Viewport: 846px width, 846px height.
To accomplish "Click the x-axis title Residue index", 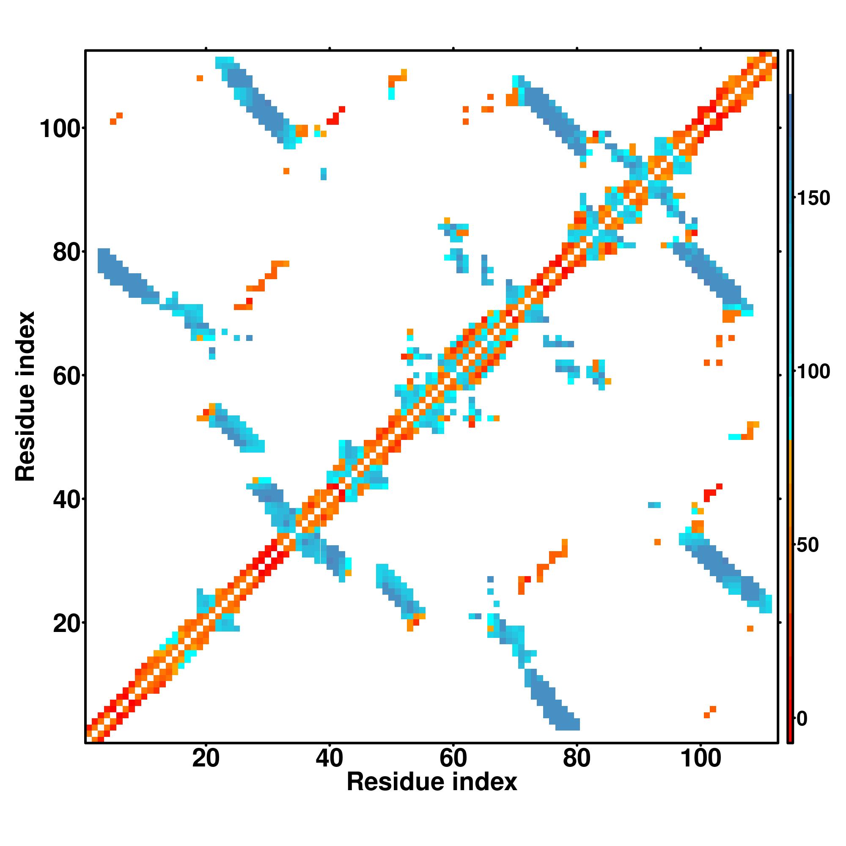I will coord(432,782).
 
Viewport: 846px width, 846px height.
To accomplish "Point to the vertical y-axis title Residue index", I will coord(25,396).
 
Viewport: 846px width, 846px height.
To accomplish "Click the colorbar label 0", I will coord(802,719).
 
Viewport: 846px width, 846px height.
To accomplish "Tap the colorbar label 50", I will coord(808,545).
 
